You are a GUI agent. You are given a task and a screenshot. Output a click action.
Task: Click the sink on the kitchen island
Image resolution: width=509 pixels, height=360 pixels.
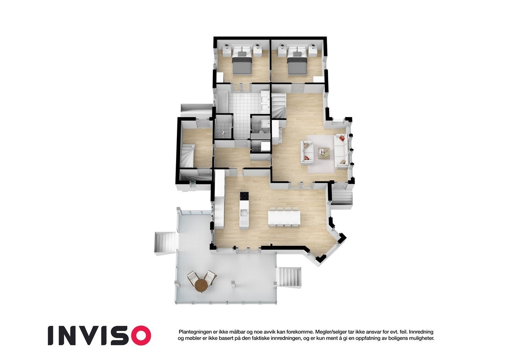click(x=244, y=212)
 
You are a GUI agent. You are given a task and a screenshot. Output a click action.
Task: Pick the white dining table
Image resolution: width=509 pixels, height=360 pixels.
click(x=284, y=217)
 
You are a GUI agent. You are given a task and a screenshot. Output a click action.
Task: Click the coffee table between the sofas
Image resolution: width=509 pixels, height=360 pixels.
click(x=324, y=152)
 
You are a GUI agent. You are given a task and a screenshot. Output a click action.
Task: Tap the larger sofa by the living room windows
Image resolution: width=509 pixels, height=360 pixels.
click(x=341, y=151)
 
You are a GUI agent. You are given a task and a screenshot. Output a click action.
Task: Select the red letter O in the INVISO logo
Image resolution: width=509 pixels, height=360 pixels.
click(x=140, y=335)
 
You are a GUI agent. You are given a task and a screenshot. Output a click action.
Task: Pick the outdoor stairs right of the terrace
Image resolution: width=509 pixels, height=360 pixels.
click(x=289, y=276)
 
